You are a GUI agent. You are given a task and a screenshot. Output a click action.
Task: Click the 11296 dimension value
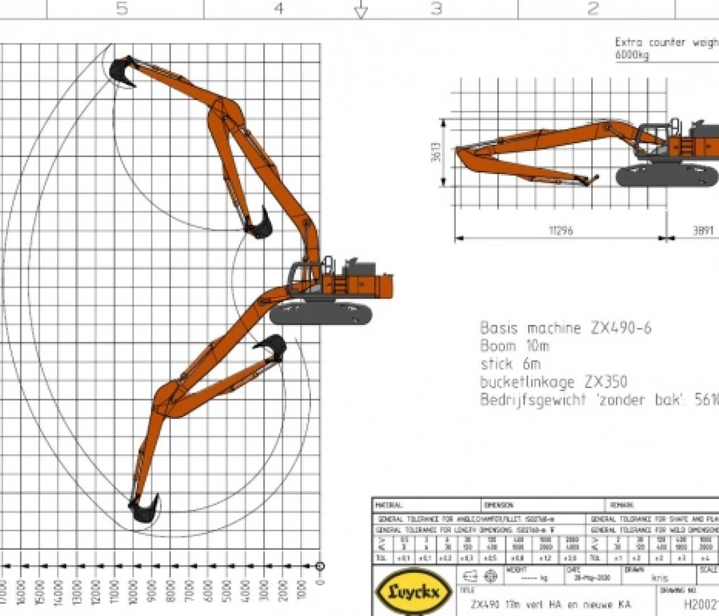pos(561,231)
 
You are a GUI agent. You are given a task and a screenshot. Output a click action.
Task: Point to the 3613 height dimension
pos(436,152)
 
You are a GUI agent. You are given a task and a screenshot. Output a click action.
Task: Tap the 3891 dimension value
pos(703,231)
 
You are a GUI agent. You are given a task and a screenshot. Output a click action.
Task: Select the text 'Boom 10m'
pos(514,346)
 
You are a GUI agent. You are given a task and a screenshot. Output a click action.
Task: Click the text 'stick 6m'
pos(510,364)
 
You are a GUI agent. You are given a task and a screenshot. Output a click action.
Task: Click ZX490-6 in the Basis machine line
pos(621,328)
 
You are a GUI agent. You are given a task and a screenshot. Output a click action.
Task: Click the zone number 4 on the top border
pos(278,8)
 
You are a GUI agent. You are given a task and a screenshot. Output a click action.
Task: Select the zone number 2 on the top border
pos(592,8)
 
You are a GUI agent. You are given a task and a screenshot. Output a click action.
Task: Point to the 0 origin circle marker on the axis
pos(320,566)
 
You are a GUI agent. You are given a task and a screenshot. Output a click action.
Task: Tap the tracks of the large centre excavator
pos(320,313)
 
